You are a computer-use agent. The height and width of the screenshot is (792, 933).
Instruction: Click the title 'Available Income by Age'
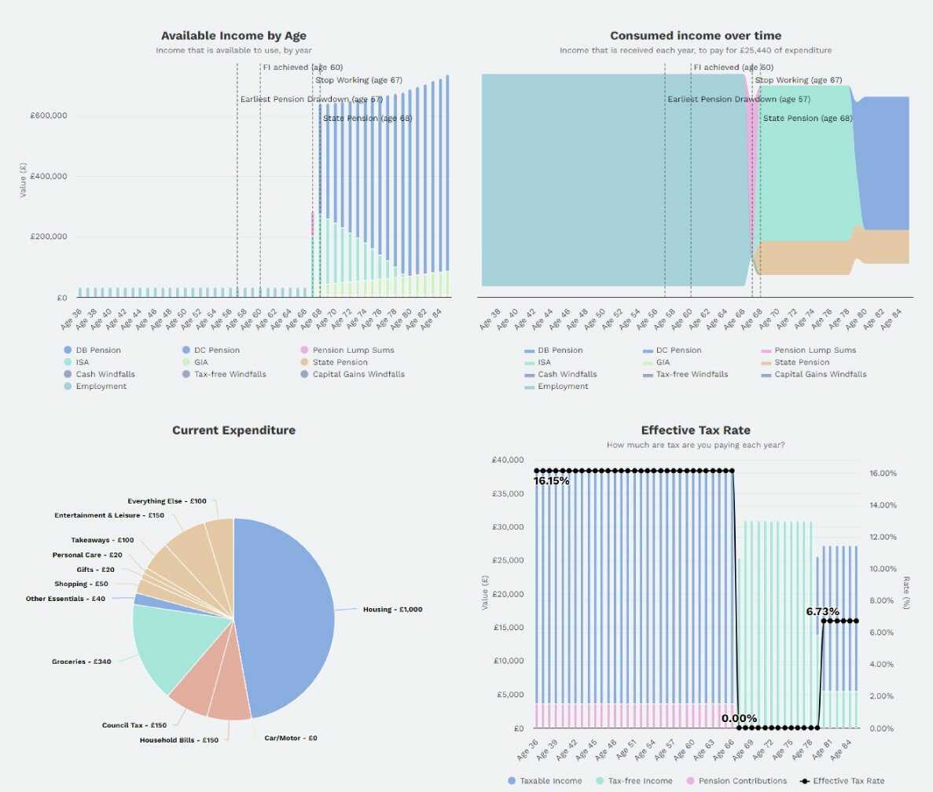pos(233,35)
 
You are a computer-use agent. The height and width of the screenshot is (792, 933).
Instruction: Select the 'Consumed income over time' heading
pos(696,35)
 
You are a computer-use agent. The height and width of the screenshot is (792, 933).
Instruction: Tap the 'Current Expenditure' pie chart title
pos(233,431)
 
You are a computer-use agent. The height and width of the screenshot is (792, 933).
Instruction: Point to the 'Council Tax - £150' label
pos(134,725)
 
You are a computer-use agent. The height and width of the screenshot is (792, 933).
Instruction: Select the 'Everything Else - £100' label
pos(167,501)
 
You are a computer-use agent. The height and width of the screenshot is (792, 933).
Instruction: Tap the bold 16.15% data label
pos(552,481)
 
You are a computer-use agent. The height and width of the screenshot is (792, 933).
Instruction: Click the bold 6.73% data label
pos(822,611)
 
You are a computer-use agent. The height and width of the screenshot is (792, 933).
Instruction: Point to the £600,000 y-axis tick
pos(48,115)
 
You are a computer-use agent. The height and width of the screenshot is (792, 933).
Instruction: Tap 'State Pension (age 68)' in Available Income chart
pos(366,119)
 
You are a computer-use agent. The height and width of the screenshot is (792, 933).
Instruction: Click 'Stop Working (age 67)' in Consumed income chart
pos(798,80)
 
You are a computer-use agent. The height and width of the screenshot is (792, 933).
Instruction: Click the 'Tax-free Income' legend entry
pos(634,781)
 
